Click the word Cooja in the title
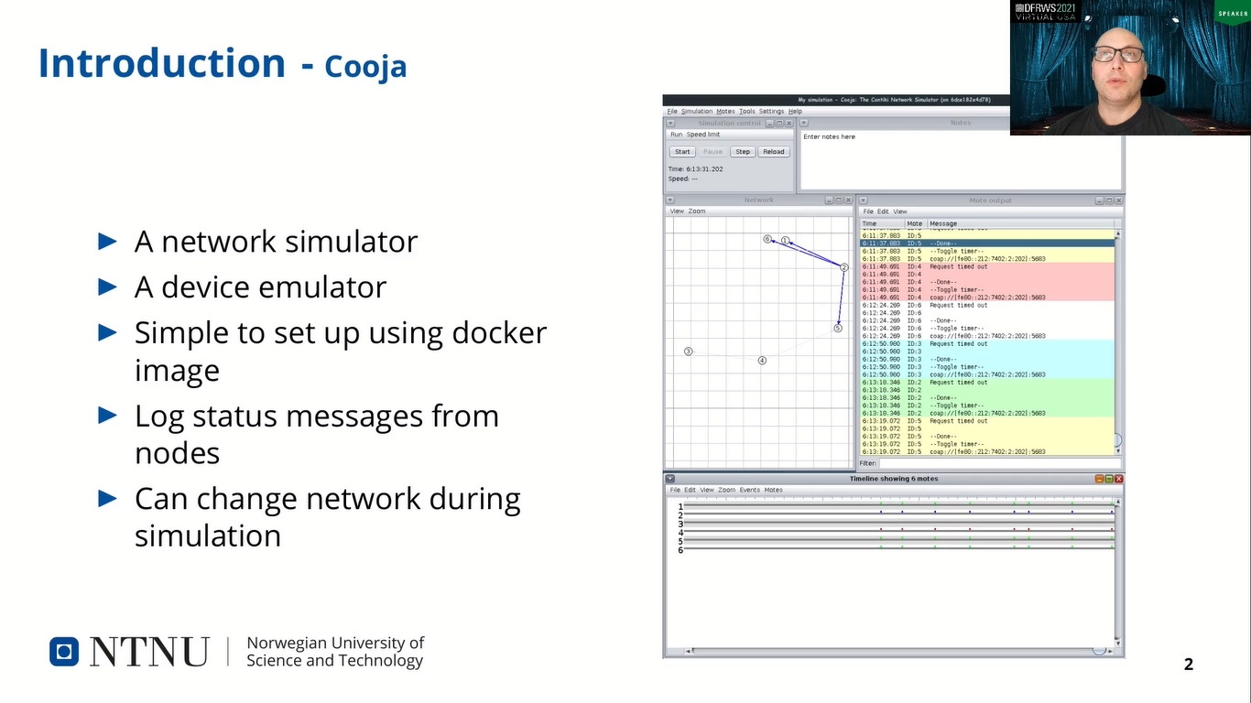pos(365,68)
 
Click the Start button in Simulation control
pos(682,152)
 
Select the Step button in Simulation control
pos(743,152)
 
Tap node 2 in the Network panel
pos(843,268)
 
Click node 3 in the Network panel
pos(689,351)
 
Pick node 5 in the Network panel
pos(837,328)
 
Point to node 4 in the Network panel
pos(761,361)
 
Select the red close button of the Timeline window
pos(1118,479)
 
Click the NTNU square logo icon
pos(64,652)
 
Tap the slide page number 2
pos(1189,665)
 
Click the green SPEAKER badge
pos(1231,14)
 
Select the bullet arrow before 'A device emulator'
pos(108,287)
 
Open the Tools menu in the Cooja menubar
pos(747,112)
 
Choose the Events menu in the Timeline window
pos(749,491)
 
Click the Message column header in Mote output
pos(943,223)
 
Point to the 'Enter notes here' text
pos(829,137)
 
